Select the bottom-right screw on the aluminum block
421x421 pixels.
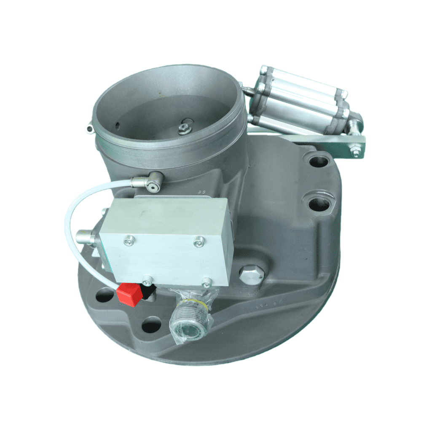click(206, 283)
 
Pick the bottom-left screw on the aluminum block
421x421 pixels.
click(147, 280)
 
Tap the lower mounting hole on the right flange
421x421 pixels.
click(319, 204)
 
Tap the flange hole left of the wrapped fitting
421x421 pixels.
click(151, 325)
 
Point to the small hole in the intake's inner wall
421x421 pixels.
click(118, 124)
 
